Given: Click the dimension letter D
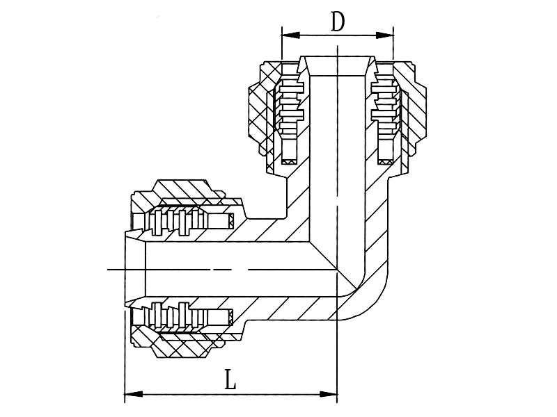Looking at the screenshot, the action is pos(338,22).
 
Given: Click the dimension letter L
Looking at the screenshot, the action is pos(230,379).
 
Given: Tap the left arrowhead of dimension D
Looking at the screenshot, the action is pos(290,35).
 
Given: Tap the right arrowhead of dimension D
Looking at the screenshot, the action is pos(385,35).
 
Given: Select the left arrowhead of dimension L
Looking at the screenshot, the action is pos(134,394).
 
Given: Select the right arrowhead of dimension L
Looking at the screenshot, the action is pos(328,394).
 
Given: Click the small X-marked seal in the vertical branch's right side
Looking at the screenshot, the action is pos(385,162).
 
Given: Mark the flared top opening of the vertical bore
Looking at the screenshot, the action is pos(338,65).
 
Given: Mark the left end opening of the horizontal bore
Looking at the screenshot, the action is pos(135,270).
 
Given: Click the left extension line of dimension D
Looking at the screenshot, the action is pos(282,43).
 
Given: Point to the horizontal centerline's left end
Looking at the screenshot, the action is pos(108,270).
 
